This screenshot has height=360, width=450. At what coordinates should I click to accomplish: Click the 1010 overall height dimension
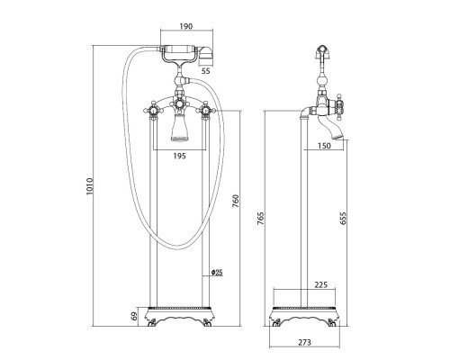(90, 186)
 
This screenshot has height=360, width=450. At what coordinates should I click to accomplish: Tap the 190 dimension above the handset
(186, 26)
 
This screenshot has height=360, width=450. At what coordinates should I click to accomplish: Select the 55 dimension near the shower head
(206, 71)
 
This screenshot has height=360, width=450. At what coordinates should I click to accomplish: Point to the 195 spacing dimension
(179, 156)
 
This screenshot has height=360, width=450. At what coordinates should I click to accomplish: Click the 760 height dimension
(236, 202)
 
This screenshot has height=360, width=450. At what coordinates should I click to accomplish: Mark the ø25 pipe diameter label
(217, 273)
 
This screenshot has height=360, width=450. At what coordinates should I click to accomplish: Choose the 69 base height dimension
(134, 316)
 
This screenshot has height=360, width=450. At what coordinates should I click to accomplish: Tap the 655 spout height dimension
(343, 219)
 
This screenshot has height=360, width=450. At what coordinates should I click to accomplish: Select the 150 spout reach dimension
(324, 146)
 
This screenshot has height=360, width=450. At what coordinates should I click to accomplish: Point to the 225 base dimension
(320, 284)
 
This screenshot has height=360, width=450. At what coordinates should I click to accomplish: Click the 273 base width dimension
(304, 342)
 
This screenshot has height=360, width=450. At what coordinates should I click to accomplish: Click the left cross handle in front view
(153, 112)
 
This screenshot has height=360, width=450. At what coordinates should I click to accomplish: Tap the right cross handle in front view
(205, 111)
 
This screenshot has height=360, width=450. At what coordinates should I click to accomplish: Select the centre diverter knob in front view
(179, 104)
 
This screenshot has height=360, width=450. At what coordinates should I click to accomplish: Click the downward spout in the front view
(179, 128)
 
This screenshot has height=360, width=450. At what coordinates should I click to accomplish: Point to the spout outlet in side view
(338, 138)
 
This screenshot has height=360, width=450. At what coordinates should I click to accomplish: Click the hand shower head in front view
(205, 55)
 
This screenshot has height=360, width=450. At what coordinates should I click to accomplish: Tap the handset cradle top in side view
(322, 51)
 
